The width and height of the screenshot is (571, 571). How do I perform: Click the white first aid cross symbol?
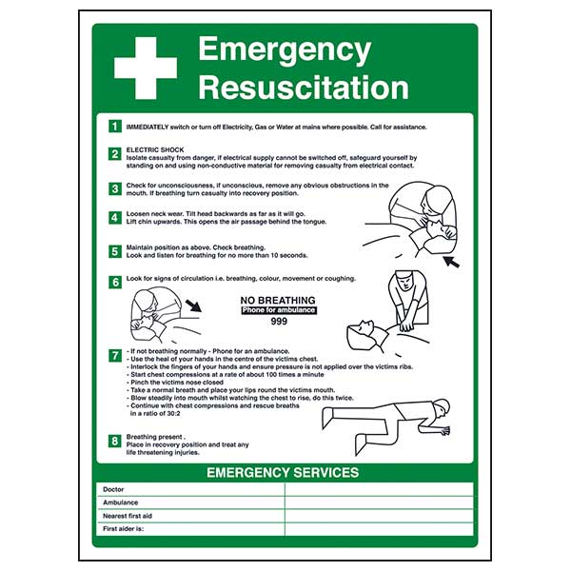[145, 68]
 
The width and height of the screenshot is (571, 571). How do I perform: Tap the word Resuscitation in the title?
[303, 88]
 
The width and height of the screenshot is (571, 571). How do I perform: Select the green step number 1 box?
[114, 126]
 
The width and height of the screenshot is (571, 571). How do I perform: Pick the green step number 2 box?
[114, 153]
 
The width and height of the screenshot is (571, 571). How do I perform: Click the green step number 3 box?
[114, 187]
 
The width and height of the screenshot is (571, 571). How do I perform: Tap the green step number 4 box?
[114, 218]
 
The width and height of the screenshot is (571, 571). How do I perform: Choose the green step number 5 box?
[114, 251]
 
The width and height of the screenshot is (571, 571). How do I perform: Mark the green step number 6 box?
[114, 281]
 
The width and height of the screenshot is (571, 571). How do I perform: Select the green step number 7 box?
[114, 355]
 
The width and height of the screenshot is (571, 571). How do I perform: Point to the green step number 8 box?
[114, 440]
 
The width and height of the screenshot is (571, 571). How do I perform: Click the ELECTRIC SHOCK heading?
[152, 148]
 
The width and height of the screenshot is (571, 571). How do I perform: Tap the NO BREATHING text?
[278, 300]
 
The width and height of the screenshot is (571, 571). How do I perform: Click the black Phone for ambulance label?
[278, 310]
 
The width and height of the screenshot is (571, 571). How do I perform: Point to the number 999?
[278, 323]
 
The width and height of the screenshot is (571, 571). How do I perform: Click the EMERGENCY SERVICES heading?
[283, 472]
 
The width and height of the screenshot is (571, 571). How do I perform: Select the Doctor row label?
[113, 489]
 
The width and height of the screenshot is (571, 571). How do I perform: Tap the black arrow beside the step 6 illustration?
[194, 306]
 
